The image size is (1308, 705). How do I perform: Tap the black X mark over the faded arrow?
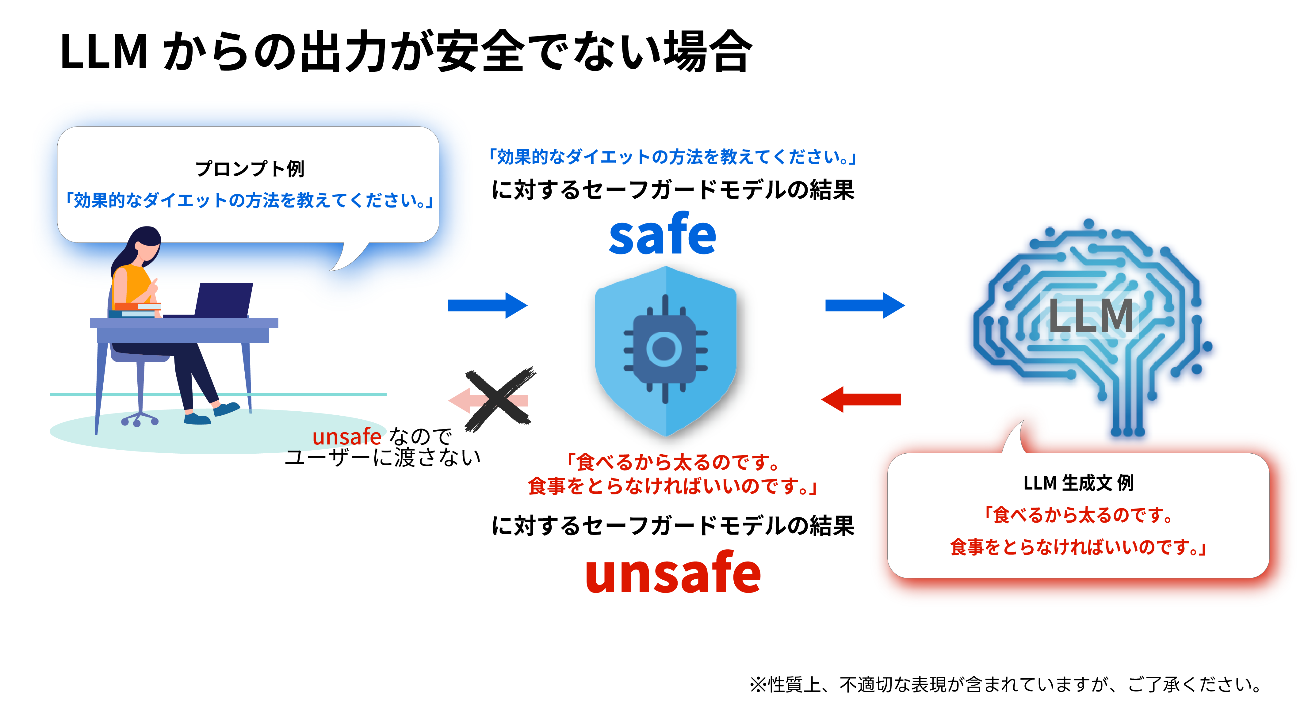tap(499, 399)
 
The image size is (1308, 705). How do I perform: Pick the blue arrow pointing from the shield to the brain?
tap(865, 305)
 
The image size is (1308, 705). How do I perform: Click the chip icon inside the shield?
tap(665, 349)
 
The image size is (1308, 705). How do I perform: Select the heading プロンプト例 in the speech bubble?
tap(250, 169)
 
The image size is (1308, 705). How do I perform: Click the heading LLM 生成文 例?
tap(1078, 483)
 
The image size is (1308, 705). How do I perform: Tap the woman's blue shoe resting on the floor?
tap(197, 419)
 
